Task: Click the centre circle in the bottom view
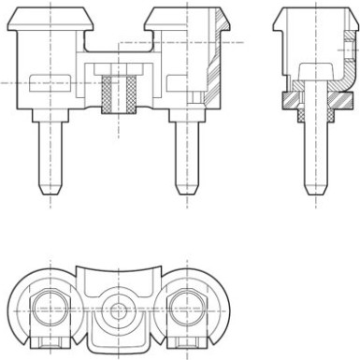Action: tap(118, 308)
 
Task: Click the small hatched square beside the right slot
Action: tap(194, 97)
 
